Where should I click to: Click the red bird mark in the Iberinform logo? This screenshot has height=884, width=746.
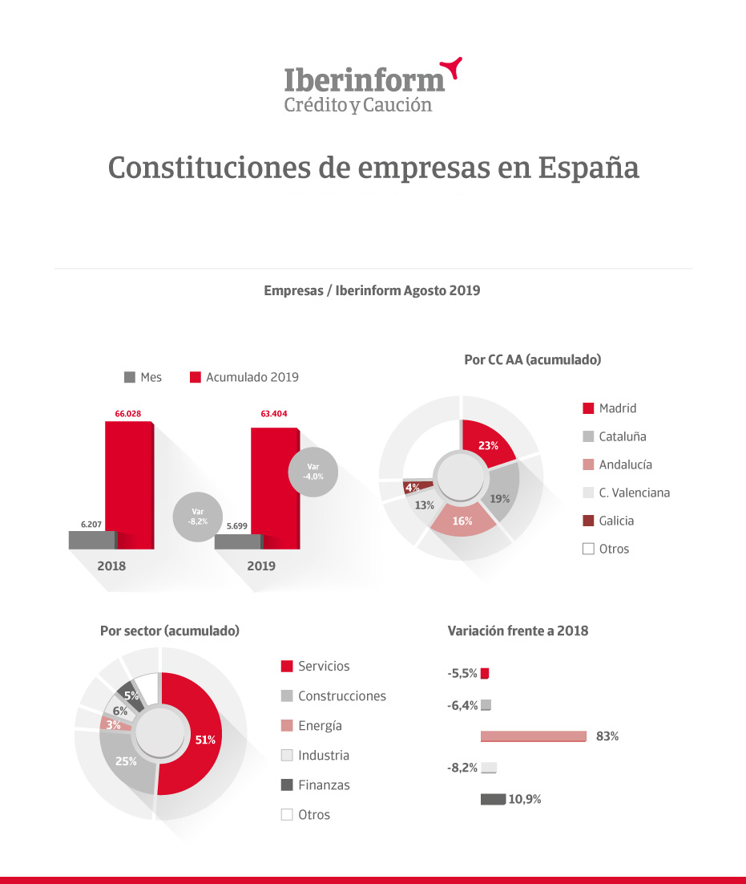coord(452,67)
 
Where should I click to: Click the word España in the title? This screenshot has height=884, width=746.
coord(588,168)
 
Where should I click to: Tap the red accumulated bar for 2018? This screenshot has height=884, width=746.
coord(130,485)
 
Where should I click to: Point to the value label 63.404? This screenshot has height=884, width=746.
coord(273,414)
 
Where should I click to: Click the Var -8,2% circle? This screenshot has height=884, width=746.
coord(198,517)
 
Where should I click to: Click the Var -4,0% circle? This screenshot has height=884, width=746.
coord(313,472)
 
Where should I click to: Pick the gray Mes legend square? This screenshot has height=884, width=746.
coord(130,377)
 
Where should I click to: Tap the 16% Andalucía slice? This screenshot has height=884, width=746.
coord(463,521)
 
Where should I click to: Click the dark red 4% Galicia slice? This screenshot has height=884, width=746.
coord(416,487)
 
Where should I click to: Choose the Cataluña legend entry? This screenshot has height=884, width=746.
coord(615,436)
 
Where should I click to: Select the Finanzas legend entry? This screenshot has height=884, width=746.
coord(315,785)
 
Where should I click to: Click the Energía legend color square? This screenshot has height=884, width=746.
coord(287,726)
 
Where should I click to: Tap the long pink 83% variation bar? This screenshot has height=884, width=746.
coord(534,736)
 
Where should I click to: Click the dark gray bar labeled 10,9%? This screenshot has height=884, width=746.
coord(494,799)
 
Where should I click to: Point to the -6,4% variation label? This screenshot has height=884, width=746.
coord(462,705)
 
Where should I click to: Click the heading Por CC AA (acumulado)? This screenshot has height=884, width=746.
coord(533,359)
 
